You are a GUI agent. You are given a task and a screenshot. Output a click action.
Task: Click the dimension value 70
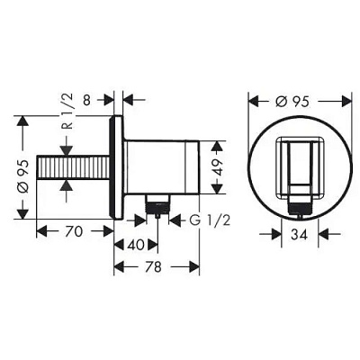click(x=74, y=231)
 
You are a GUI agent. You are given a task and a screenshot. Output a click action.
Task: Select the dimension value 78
click(x=153, y=266)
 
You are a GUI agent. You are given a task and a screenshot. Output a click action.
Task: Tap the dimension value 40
click(x=136, y=245)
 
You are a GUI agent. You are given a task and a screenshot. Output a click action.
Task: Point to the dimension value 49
click(x=218, y=167)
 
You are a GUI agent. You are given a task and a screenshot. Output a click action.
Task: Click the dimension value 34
click(x=300, y=234)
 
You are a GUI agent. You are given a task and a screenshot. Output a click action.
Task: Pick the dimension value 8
click(x=86, y=100)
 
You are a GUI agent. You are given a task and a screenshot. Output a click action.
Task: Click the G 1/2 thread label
click(x=210, y=220)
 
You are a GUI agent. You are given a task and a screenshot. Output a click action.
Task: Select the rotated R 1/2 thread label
click(x=67, y=111)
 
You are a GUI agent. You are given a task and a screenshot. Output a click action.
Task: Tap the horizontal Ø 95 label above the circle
click(x=292, y=102)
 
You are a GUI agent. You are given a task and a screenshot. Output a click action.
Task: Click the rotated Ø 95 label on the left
click(x=23, y=175)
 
